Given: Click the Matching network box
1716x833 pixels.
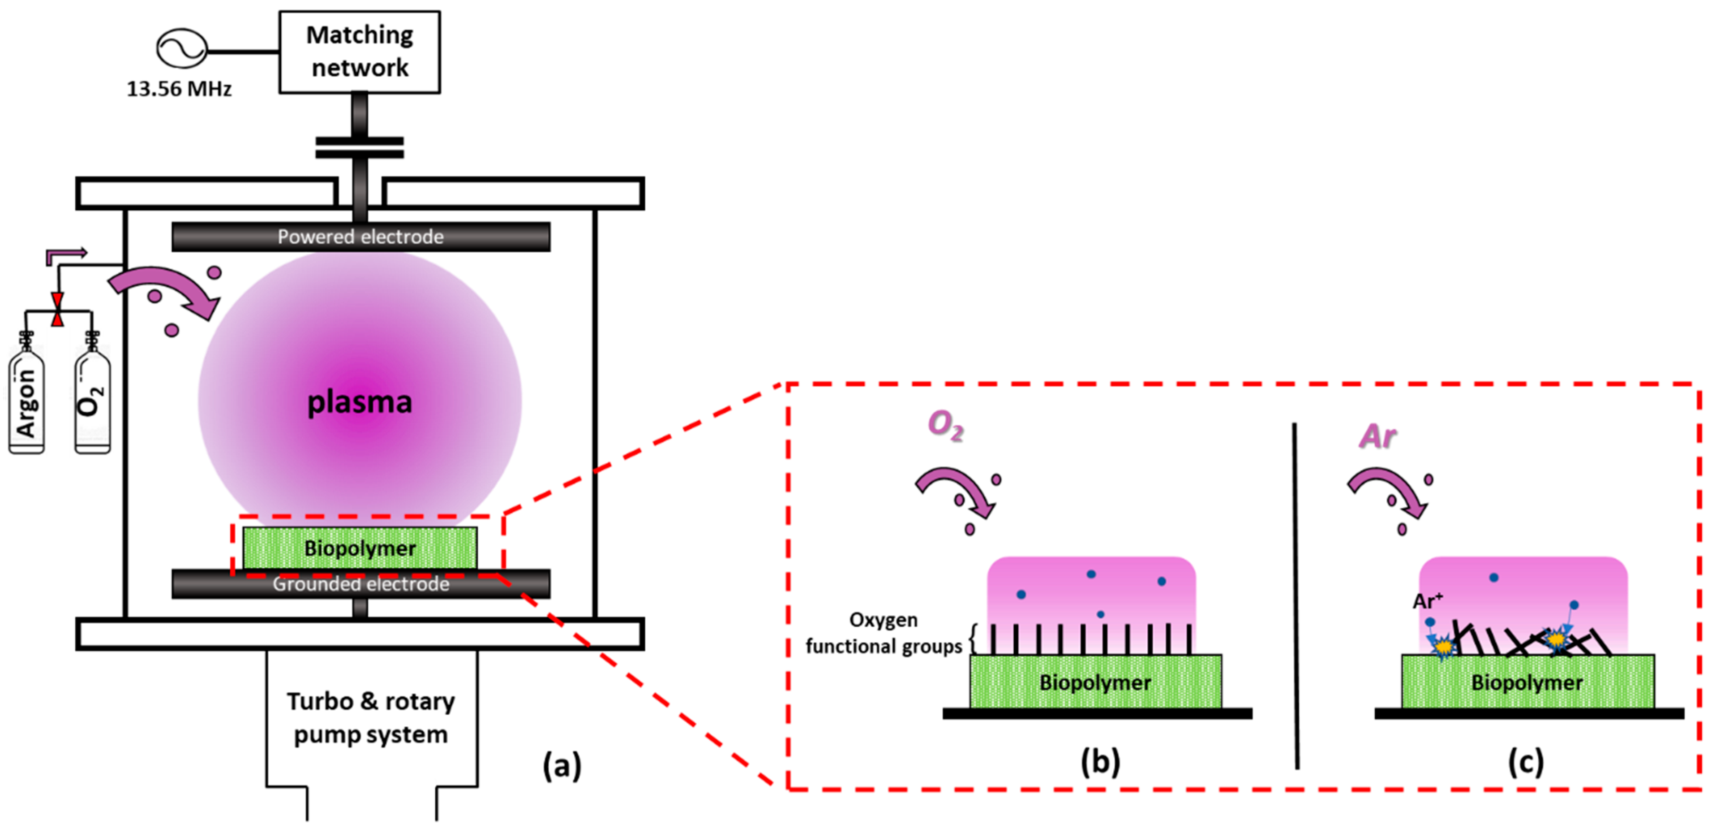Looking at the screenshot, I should coord(359,52).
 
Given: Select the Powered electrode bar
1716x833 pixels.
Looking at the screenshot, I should coord(360,237).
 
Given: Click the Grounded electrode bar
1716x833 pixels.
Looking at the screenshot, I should coord(360,584).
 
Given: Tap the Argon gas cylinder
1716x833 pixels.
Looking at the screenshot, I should coord(27,403).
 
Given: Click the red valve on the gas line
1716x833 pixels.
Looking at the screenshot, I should coord(58,310).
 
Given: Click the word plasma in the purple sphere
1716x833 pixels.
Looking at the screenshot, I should coord(359,402).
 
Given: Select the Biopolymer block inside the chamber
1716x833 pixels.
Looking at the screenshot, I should coord(360,548).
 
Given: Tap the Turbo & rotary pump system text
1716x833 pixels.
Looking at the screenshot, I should coord(371,718).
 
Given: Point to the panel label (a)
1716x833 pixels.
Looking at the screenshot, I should coord(562,765).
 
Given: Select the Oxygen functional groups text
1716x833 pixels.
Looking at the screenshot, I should coord(884,633).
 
